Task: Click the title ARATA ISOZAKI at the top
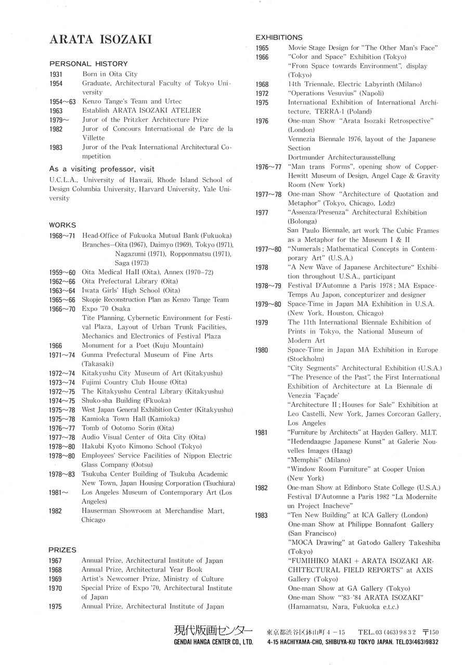click(100, 40)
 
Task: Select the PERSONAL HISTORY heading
click(88, 63)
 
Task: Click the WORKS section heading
click(62, 225)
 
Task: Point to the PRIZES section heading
click(62, 550)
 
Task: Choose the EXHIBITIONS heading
click(279, 37)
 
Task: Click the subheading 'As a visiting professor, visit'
click(102, 169)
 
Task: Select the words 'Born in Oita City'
click(110, 74)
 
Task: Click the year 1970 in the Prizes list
click(56, 589)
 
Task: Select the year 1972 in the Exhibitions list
click(262, 94)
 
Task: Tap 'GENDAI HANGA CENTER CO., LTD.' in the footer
click(213, 642)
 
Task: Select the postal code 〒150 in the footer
click(431, 632)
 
